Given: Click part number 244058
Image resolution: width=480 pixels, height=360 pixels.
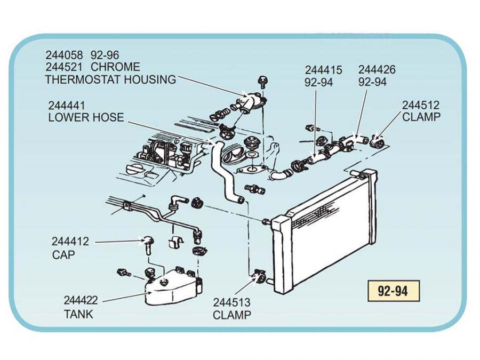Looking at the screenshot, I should click(65, 55).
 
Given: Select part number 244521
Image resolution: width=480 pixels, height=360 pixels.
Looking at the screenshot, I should click(65, 67).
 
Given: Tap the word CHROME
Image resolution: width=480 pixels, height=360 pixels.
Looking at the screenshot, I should click(116, 67).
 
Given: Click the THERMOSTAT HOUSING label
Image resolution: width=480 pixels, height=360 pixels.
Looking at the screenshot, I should click(110, 80).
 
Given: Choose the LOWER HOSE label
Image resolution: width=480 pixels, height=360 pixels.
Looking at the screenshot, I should click(86, 118).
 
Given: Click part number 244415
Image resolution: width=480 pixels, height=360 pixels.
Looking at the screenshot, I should click(324, 70).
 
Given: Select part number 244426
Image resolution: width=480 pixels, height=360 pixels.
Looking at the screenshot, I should click(377, 70).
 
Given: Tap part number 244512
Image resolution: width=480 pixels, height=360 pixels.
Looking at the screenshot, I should click(421, 105).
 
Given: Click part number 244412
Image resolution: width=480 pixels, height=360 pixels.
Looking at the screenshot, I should click(70, 242).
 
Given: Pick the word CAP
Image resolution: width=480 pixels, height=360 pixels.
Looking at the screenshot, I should click(63, 255).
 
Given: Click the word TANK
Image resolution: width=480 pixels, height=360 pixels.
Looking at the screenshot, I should click(78, 314).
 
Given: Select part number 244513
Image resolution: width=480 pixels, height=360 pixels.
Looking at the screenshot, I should click(231, 302).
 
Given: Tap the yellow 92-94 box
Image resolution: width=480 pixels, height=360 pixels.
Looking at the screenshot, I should click(392, 291).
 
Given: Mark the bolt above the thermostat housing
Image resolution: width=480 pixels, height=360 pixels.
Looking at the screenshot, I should click(262, 81).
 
